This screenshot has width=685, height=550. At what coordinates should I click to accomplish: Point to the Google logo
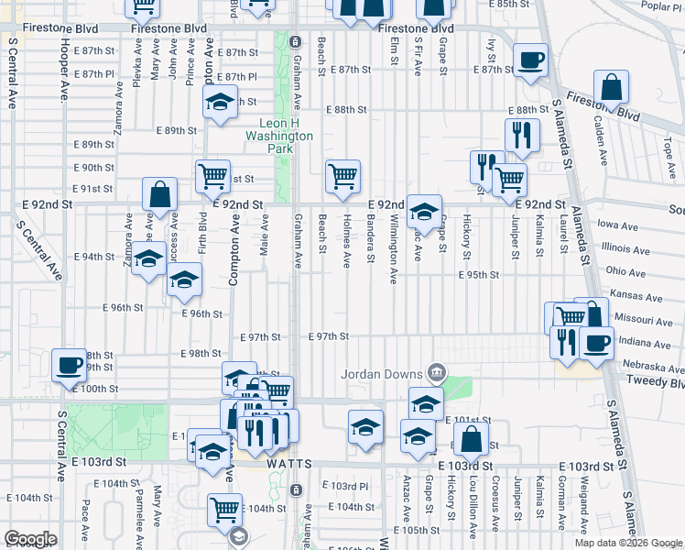pyautogui.click(x=30, y=538)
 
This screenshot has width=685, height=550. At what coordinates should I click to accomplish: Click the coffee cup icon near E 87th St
pyautogui.click(x=530, y=61)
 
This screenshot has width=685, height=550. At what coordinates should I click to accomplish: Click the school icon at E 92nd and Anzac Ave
pyautogui.click(x=424, y=212)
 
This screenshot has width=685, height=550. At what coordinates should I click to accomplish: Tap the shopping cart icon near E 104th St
pyautogui.click(x=224, y=510)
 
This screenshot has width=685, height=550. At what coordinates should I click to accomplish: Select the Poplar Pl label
pyautogui.click(x=662, y=5)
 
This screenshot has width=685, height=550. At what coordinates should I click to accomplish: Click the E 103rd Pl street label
pyautogui.click(x=349, y=486)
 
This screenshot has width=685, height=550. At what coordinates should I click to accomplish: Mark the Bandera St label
pyautogui.click(x=370, y=236)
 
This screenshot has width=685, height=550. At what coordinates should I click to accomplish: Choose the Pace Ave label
pyautogui.click(x=85, y=513)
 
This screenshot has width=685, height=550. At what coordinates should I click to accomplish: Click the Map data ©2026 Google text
pyautogui.click(x=627, y=543)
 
